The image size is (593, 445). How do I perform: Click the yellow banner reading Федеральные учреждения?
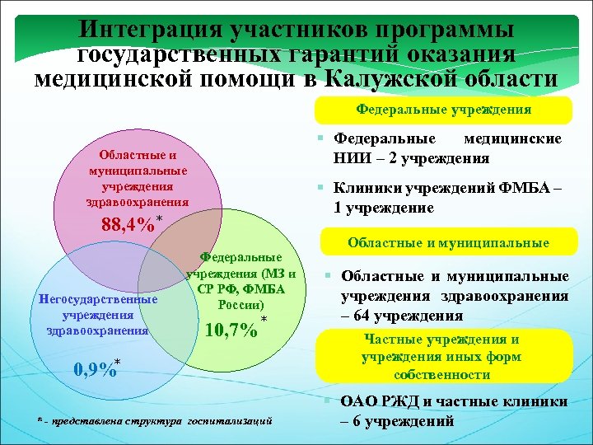442,109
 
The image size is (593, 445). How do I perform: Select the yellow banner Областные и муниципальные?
448,242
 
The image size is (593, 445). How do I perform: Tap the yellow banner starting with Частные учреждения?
442,356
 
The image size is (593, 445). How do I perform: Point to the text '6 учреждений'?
403,421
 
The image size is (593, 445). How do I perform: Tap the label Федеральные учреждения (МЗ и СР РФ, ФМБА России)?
241,281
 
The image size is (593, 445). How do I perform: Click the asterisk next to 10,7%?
264,319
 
